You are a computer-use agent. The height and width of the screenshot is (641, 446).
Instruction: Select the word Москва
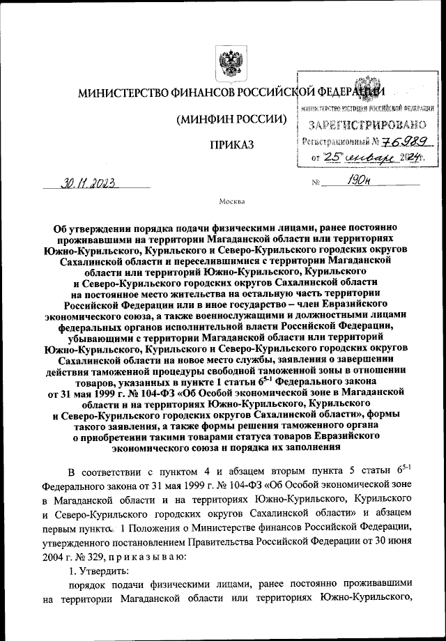[231, 203]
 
